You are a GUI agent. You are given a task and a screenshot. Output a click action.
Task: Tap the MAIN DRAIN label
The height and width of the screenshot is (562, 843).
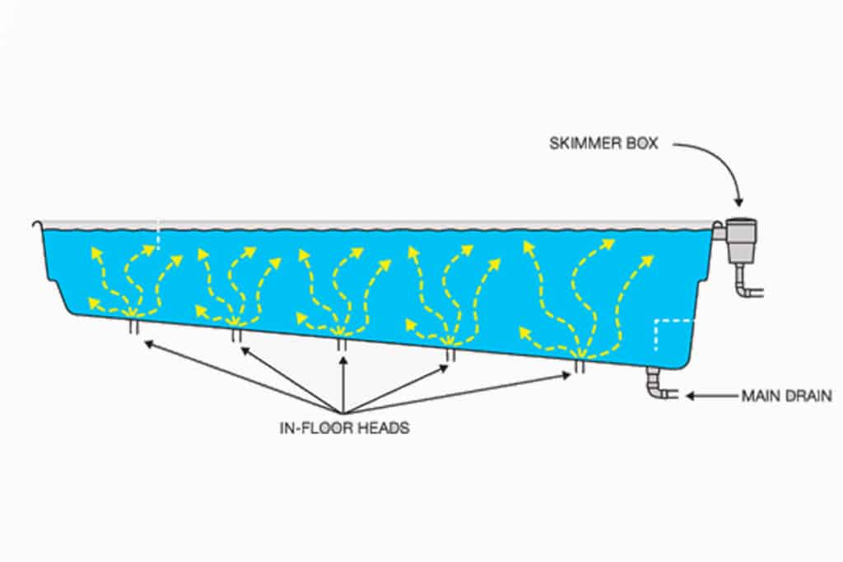[x=786, y=396]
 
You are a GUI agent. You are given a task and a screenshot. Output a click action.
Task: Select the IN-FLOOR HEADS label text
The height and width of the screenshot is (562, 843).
[x=345, y=428]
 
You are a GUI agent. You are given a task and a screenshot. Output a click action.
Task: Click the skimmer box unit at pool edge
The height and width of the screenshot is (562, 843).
[x=742, y=240]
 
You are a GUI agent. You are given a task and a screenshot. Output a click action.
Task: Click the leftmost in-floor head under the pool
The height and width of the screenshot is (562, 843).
[x=134, y=327]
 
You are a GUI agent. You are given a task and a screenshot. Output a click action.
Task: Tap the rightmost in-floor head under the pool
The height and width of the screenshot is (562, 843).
[x=579, y=366]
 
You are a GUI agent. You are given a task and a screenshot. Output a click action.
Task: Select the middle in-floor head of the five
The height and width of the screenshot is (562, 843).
[x=342, y=345]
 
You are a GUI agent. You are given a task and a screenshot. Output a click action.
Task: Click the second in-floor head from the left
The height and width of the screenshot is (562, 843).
[x=236, y=335]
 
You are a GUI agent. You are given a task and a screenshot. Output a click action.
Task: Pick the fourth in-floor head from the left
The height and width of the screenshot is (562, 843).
[x=450, y=355]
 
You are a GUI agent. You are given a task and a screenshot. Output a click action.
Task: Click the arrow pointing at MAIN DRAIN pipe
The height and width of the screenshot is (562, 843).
[x=712, y=396]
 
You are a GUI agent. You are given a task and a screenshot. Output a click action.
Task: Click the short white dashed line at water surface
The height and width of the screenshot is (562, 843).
[x=158, y=234]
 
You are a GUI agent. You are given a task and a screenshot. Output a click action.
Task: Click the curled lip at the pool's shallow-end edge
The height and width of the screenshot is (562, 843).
[x=36, y=225]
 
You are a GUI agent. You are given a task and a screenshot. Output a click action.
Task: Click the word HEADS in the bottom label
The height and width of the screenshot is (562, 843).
[x=384, y=428]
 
